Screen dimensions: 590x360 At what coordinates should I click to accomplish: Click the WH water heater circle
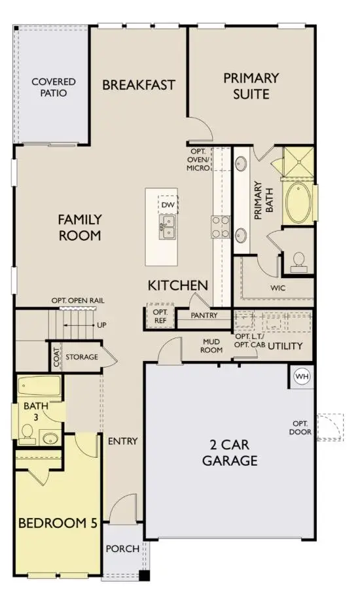pyautogui.click(x=302, y=377)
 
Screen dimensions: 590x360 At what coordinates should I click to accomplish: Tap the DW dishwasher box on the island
pyautogui.click(x=167, y=205)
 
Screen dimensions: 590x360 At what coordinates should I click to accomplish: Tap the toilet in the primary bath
pyautogui.click(x=298, y=261)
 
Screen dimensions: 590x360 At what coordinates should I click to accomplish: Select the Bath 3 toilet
pyautogui.click(x=27, y=432)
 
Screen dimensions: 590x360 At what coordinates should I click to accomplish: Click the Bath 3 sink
pyautogui.click(x=50, y=438)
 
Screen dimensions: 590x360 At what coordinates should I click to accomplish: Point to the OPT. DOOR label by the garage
pyautogui.click(x=302, y=427)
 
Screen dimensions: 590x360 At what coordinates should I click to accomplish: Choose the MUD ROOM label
pyautogui.click(x=211, y=345)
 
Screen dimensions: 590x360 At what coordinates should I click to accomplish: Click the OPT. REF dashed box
pyautogui.click(x=160, y=316)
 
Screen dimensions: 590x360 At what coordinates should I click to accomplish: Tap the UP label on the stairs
pyautogui.click(x=101, y=324)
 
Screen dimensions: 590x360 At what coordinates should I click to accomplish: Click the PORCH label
pyautogui.click(x=122, y=548)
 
